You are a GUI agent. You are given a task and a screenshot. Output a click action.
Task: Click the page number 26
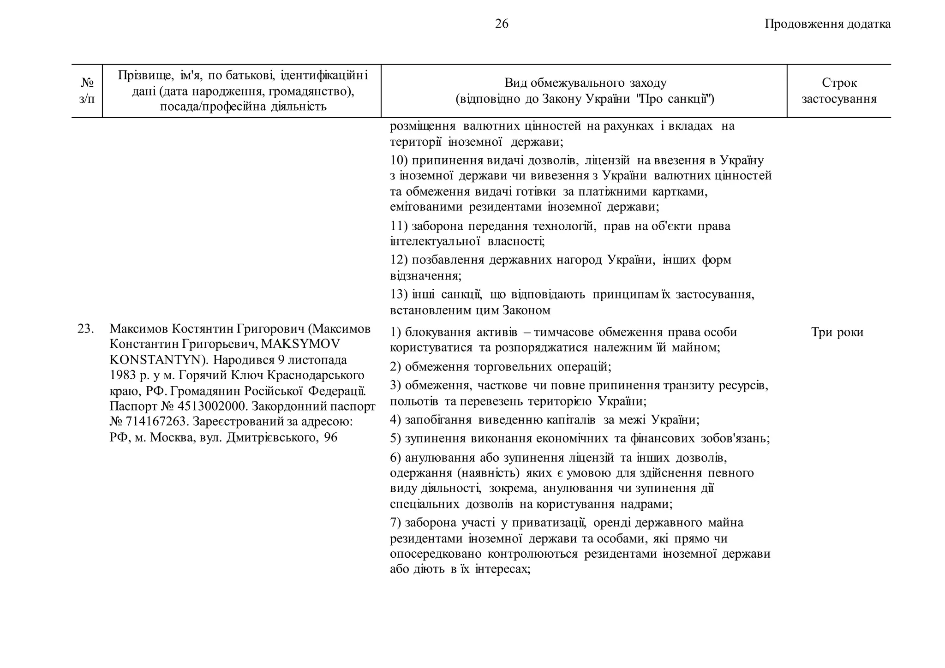[502, 24]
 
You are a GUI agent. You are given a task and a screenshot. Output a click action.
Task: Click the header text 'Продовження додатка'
[827, 24]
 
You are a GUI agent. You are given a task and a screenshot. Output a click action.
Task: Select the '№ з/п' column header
[87, 91]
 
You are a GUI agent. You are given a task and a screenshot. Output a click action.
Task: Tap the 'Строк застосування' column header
[839, 91]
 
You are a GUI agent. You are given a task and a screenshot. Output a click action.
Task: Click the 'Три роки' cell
[837, 333]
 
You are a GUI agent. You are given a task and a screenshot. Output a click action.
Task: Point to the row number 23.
[86, 329]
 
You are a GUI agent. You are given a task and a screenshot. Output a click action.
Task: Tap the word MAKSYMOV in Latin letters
[300, 344]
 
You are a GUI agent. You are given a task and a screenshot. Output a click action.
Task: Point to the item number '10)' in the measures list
[399, 161]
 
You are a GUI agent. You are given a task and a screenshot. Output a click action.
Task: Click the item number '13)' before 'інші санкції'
[399, 294]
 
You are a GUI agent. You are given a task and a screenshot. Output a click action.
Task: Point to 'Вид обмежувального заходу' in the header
[585, 83]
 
